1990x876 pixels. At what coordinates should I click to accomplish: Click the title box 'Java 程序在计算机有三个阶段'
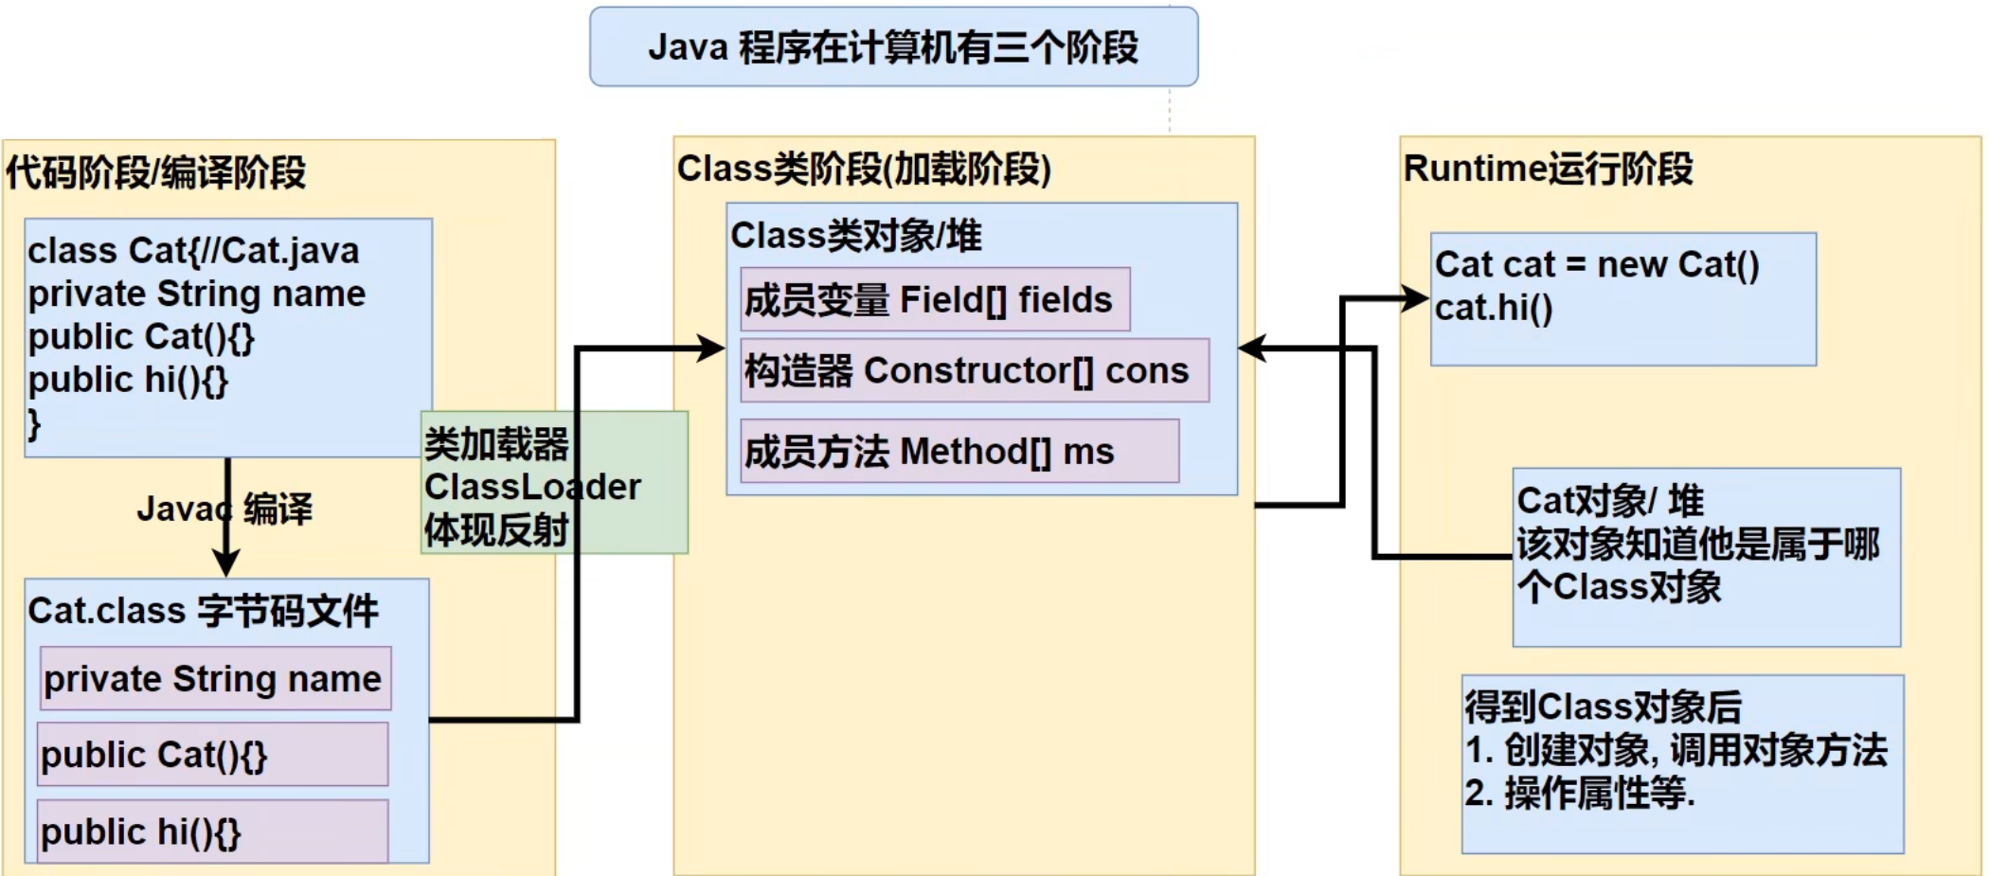point(893,47)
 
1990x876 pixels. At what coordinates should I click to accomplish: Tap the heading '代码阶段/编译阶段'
point(156,173)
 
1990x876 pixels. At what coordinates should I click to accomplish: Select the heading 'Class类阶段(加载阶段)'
point(864,170)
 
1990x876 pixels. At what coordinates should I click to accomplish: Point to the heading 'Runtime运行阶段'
point(1548,170)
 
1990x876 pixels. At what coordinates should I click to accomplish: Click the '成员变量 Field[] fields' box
point(934,300)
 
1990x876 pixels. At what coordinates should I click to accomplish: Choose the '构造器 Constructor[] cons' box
point(974,371)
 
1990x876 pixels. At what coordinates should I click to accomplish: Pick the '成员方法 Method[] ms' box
point(959,452)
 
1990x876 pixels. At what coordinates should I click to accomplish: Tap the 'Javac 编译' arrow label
point(224,510)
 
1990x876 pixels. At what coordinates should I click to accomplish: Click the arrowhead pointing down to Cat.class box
point(225,564)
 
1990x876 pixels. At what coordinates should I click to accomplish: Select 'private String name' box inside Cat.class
point(214,679)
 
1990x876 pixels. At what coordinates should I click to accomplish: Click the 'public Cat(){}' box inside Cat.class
point(212,755)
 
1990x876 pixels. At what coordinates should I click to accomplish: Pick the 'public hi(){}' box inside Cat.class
point(212,831)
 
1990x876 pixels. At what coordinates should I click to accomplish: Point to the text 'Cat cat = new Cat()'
point(1597,265)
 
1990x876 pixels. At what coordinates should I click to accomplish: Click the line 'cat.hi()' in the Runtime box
point(1494,309)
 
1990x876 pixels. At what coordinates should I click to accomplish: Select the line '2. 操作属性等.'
point(1579,794)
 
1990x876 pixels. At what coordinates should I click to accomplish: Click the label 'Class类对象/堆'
point(856,236)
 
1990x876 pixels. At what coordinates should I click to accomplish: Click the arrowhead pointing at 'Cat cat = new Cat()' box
point(1416,299)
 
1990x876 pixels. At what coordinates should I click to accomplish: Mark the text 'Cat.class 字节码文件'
point(203,612)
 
